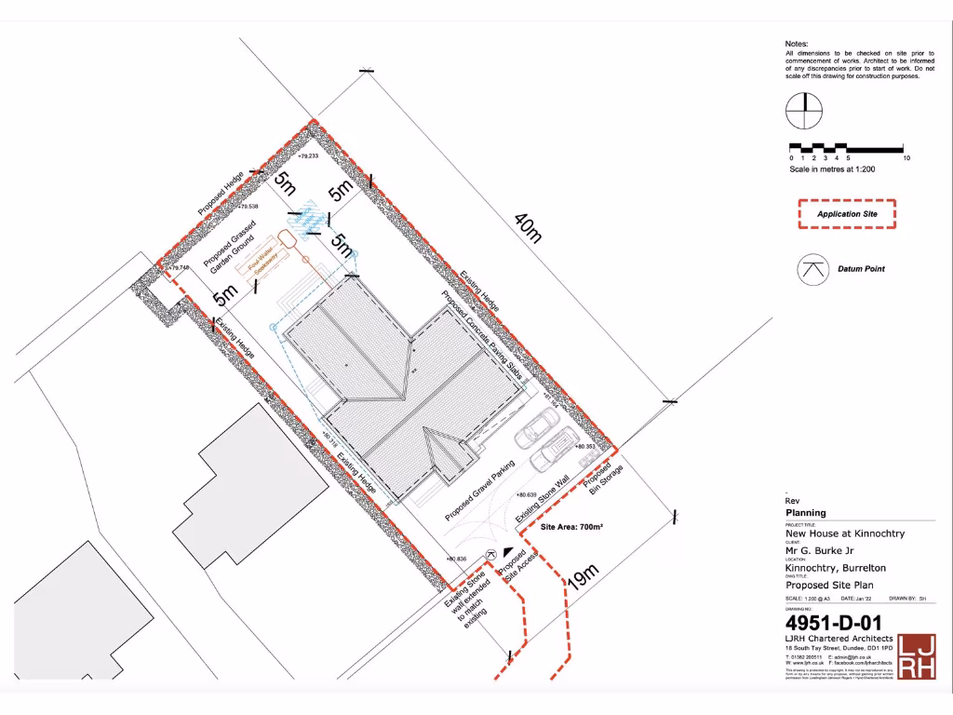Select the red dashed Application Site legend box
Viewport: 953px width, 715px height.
click(846, 214)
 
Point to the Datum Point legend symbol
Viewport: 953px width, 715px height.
click(812, 268)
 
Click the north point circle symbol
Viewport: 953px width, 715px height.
click(803, 112)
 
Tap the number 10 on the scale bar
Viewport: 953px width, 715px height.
click(906, 159)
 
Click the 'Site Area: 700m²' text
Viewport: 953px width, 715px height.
click(572, 527)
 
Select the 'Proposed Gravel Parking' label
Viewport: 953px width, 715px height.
click(479, 490)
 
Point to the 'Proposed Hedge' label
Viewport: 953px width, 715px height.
click(221, 194)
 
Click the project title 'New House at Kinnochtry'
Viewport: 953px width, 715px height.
click(844, 533)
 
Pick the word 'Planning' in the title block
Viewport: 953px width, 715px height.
click(806, 513)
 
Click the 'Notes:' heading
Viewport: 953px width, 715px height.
click(797, 44)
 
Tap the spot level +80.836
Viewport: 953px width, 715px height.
click(455, 559)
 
